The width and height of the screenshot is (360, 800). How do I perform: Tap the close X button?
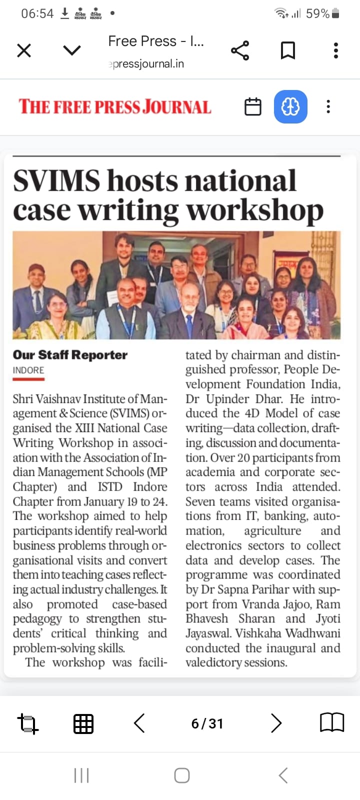point(24,50)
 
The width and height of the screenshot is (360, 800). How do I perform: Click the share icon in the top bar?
point(240,50)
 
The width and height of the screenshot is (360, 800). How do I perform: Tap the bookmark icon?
point(287,50)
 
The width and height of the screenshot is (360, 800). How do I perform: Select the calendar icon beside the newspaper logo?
point(252,106)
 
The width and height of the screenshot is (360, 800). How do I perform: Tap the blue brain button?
point(290,106)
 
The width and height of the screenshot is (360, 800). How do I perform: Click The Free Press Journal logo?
point(115,107)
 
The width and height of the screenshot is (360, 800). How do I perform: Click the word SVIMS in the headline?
point(56,181)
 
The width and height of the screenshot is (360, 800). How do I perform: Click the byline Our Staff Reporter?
point(70,355)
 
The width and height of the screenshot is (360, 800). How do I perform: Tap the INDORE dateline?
point(28,370)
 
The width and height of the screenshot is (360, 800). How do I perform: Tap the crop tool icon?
point(27,723)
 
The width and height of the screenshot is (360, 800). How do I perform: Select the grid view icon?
point(83,723)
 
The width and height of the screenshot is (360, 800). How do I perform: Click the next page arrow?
point(276,723)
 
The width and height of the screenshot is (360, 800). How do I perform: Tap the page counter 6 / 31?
point(207,723)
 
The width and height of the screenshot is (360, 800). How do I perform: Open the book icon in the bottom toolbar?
point(331,723)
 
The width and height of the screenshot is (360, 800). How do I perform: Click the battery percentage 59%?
point(317,13)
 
